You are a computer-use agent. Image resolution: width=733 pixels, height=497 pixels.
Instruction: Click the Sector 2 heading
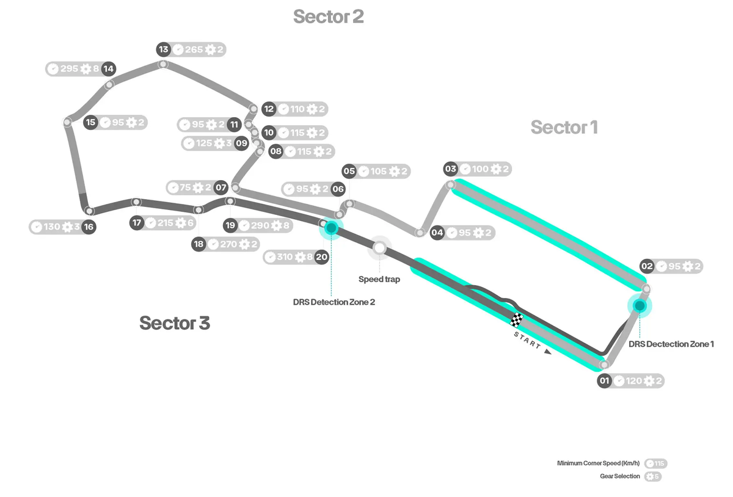[328, 16]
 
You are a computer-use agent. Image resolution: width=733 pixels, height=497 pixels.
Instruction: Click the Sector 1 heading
[564, 127]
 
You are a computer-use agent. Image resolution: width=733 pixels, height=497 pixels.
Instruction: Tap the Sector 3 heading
[174, 322]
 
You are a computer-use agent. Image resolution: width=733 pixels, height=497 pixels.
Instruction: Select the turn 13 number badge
[163, 49]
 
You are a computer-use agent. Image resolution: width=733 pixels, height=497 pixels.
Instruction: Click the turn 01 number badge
[605, 381]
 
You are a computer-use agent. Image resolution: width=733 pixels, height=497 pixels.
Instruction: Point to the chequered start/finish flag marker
[517, 319]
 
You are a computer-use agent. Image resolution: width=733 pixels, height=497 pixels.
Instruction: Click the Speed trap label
[379, 279]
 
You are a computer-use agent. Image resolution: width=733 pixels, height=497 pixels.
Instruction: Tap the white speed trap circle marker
[379, 247]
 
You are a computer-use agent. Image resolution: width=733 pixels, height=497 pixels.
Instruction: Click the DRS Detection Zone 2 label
[334, 302]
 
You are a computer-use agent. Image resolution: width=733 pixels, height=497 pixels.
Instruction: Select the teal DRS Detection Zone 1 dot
[640, 305]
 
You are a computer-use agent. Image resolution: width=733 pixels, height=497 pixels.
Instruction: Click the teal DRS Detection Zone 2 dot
[331, 228]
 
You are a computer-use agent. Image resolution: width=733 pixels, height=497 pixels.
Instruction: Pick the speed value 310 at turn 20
[285, 257]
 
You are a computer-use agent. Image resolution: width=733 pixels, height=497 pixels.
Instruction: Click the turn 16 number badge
[89, 227]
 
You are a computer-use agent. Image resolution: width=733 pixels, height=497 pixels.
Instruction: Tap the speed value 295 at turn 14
[69, 69]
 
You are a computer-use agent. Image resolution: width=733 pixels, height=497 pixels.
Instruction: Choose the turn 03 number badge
[451, 169]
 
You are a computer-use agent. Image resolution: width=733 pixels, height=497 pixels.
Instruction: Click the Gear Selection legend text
[620, 476]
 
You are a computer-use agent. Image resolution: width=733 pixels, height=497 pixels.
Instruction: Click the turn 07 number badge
[221, 187]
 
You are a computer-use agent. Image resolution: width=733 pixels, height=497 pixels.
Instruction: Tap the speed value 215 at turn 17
[166, 223]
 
